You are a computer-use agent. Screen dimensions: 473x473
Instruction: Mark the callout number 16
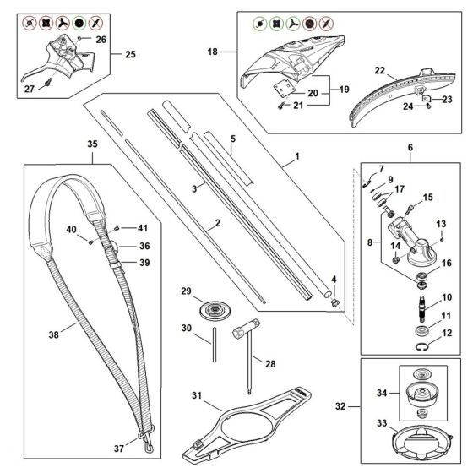tap(447, 264)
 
